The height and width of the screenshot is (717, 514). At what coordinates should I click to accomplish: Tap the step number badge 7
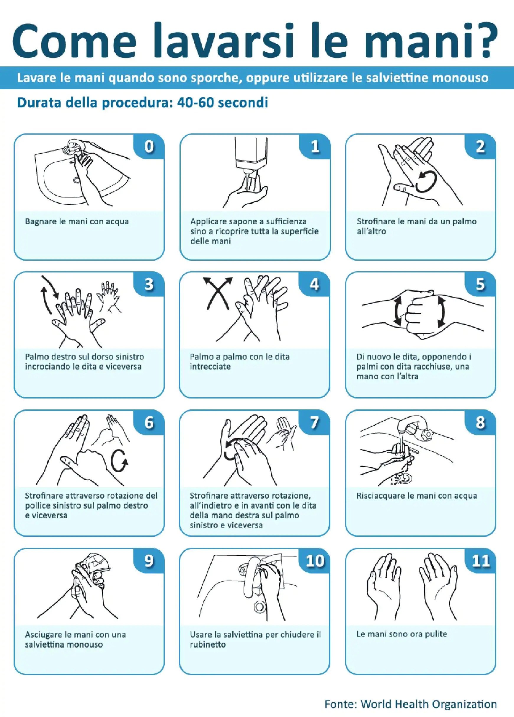point(314,422)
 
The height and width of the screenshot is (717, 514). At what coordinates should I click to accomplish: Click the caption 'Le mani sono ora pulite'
point(402,634)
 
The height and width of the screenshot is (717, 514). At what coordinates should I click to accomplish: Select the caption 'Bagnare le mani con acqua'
point(77,221)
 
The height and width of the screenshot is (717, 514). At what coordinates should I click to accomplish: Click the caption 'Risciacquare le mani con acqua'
point(416,496)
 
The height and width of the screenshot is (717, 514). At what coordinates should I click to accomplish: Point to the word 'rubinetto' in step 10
point(208,644)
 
